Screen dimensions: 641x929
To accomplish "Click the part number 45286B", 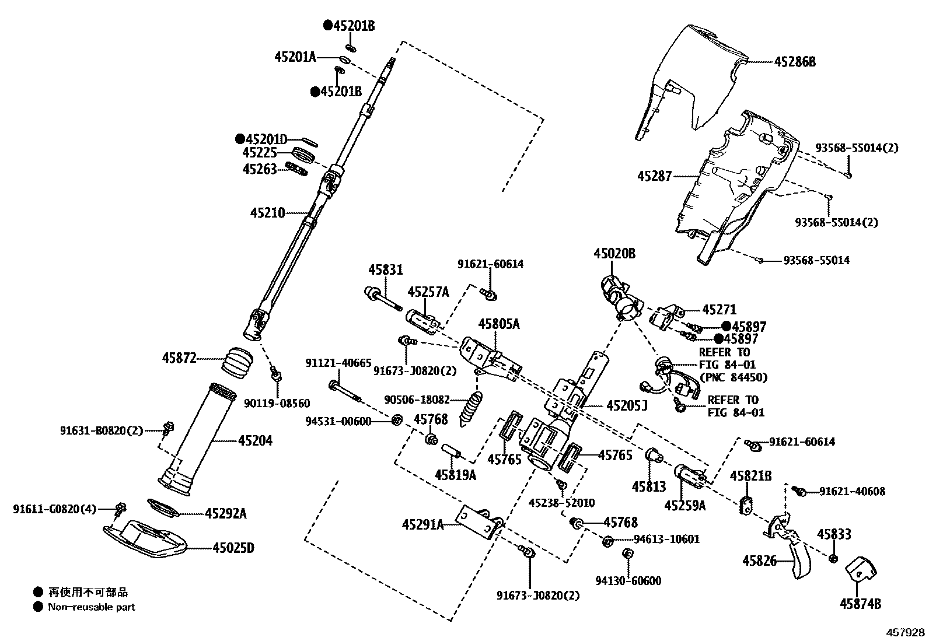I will (795, 61).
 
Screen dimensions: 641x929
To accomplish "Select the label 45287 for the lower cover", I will (654, 176).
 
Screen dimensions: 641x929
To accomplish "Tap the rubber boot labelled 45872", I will (237, 362).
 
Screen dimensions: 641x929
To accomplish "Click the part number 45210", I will (267, 213).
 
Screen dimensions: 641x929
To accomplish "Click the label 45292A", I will (225, 514).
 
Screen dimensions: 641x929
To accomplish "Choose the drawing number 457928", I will (906, 632).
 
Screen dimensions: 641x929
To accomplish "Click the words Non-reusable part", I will (91, 607).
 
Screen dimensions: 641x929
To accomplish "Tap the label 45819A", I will (455, 475).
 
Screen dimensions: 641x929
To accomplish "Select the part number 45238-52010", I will (561, 503).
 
